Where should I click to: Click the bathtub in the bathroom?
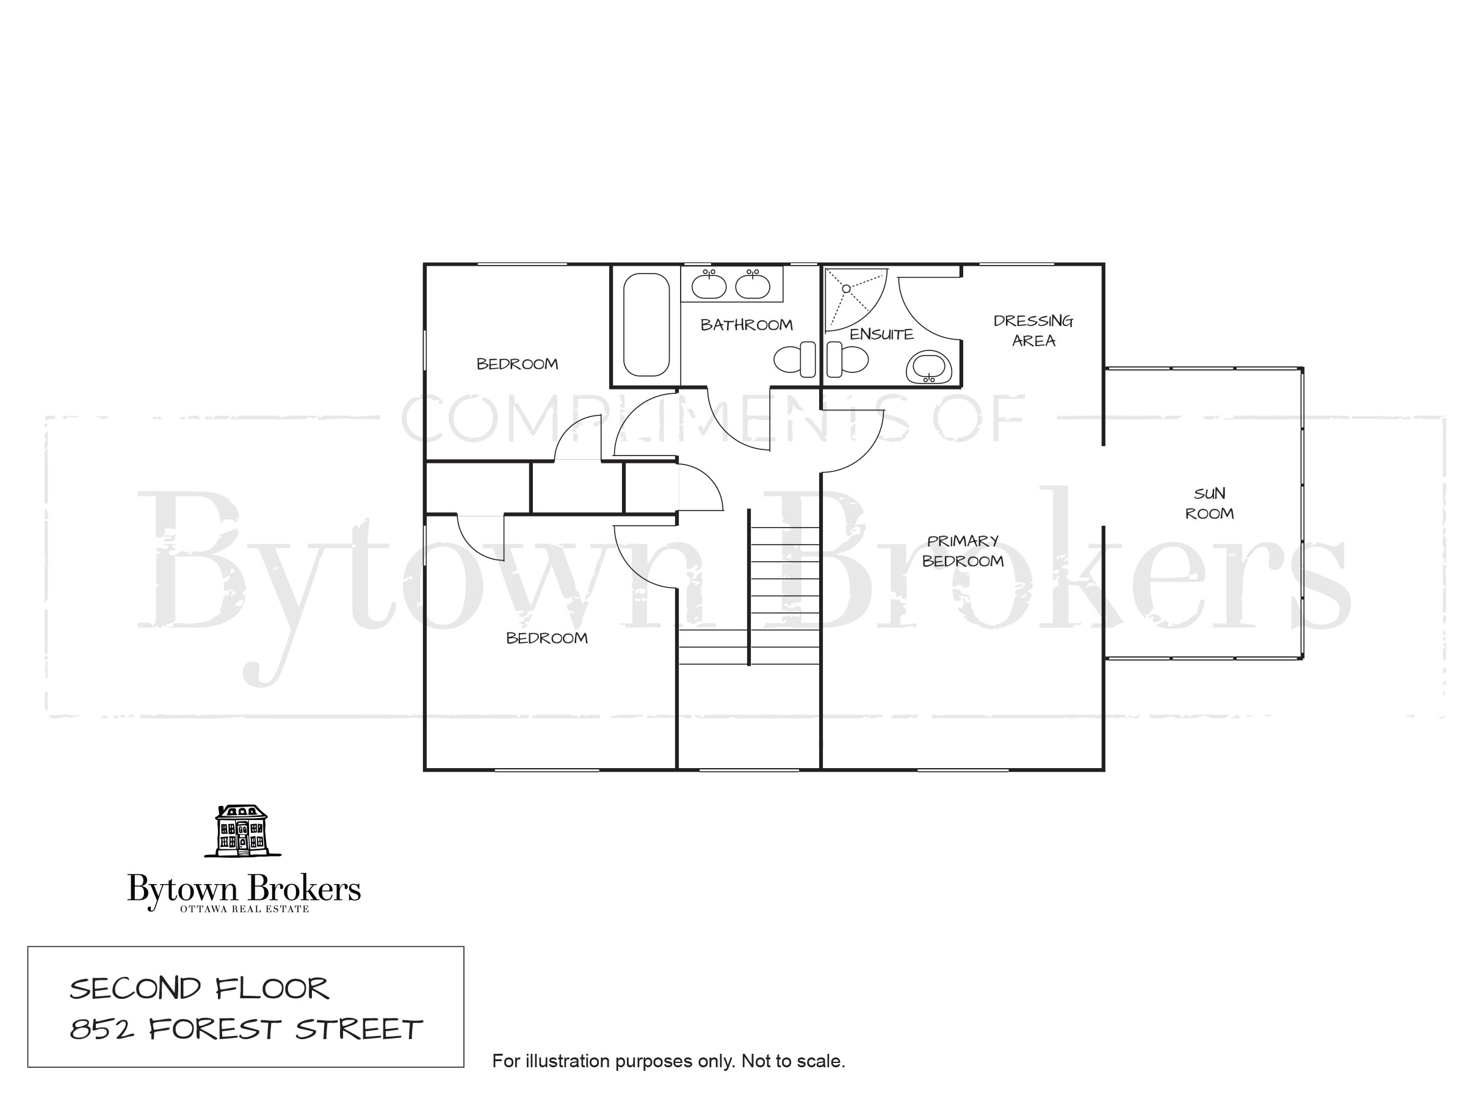[x=646, y=325]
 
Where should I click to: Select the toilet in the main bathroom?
[x=795, y=360]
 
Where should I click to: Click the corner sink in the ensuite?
[x=929, y=368]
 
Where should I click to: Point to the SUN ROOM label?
[x=1209, y=504]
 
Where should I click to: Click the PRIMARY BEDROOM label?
[x=963, y=551]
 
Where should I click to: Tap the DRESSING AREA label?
[x=1033, y=330]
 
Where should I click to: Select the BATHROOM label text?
[x=747, y=325]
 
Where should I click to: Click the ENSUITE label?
[x=881, y=335]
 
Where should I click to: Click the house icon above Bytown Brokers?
[x=242, y=831]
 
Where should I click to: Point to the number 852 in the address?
[x=102, y=1029]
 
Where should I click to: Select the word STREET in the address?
[x=359, y=1029]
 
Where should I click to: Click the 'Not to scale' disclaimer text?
[x=793, y=1061]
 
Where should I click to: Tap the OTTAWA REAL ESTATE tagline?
[x=244, y=909]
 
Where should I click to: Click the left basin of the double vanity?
[x=709, y=286]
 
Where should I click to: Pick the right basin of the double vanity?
[x=753, y=286]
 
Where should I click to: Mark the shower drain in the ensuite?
[x=847, y=289]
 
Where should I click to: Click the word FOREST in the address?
[x=214, y=1029]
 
